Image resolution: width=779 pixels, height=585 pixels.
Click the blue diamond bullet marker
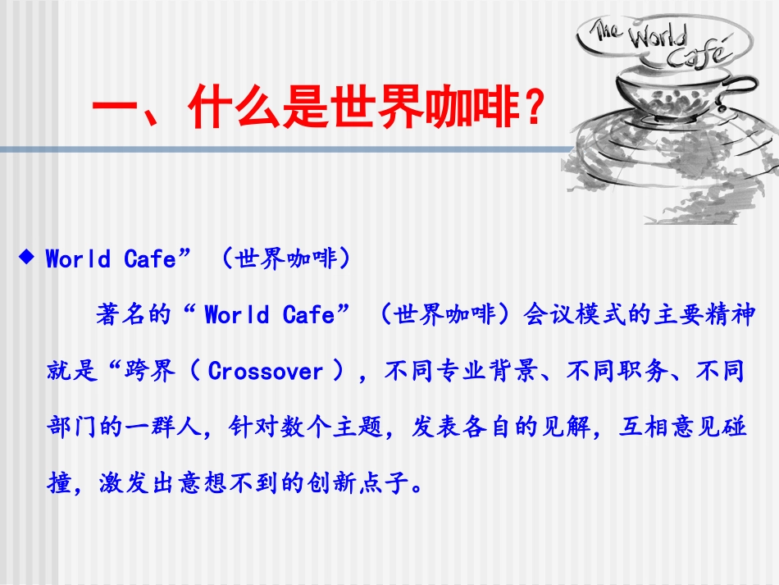tap(27, 258)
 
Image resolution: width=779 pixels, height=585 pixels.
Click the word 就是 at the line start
tap(66, 372)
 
